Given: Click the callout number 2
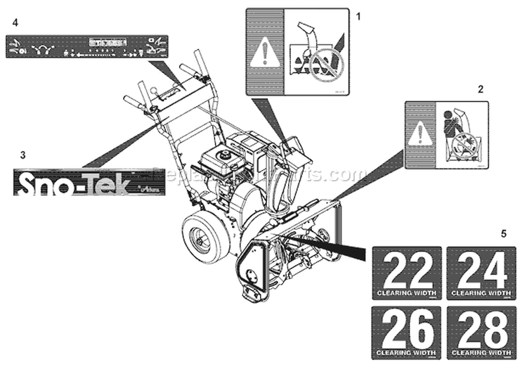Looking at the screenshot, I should pos(481,89).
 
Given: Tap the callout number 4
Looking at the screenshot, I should pos(15,22).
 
